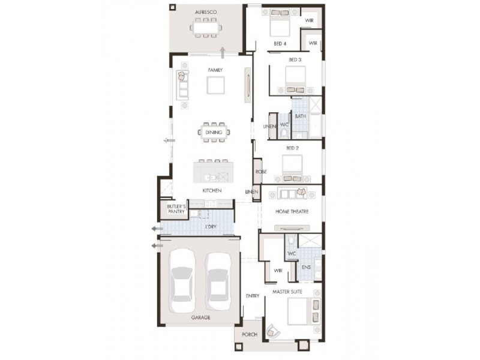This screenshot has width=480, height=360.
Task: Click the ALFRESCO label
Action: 206,12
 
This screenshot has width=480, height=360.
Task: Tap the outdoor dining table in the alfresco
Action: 206,28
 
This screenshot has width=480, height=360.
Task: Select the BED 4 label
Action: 280,44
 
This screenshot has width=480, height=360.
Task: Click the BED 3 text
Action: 295,59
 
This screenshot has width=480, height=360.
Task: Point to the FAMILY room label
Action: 215,70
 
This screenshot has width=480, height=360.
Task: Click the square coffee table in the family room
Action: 216,86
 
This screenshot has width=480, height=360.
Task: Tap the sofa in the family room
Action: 182,85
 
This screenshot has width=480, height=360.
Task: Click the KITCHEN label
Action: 212,190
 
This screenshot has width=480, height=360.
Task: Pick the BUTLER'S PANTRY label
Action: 177,209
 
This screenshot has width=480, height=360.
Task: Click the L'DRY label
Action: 211,226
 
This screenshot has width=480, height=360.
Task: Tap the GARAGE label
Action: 200,317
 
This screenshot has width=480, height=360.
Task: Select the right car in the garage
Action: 217,281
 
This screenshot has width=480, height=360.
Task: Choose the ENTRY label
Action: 253,296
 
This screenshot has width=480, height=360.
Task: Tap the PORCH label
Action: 250,334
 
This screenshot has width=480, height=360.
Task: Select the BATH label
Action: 301,116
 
